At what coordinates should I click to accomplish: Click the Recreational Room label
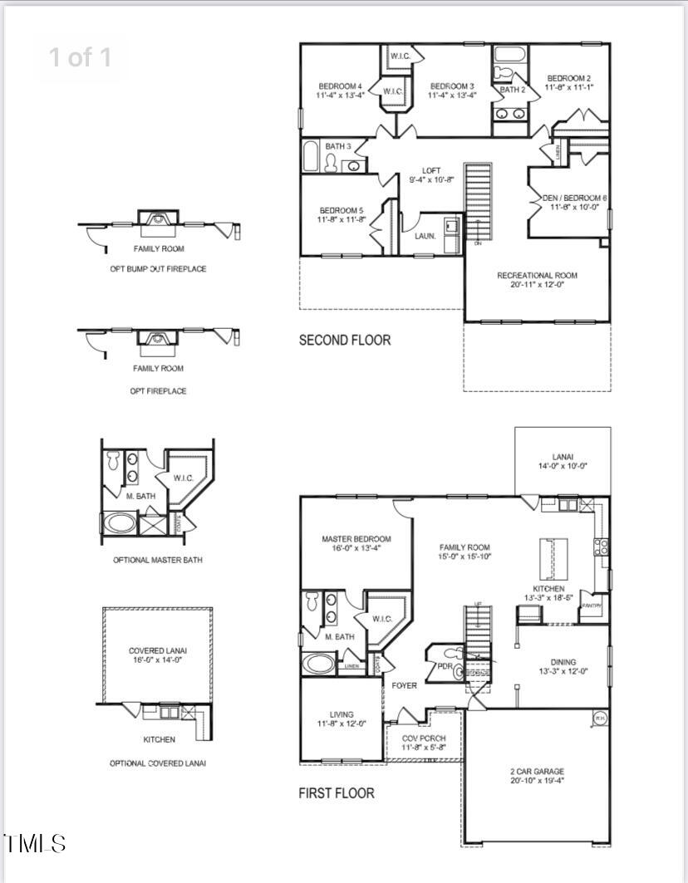(x=537, y=275)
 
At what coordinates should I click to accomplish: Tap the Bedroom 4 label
(x=340, y=86)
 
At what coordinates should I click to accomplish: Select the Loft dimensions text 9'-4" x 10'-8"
(x=432, y=180)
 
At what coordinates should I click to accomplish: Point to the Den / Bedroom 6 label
(x=574, y=198)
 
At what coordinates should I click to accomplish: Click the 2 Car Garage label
(x=537, y=772)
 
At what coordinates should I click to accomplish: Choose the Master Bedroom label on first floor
(x=356, y=539)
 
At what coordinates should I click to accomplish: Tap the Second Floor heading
(x=344, y=340)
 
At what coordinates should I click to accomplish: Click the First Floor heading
(x=336, y=793)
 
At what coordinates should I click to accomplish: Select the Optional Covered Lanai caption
(x=158, y=763)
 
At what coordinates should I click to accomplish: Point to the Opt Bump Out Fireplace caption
(x=158, y=269)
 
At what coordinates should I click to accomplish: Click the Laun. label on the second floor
(x=425, y=236)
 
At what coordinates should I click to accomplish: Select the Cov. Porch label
(x=424, y=738)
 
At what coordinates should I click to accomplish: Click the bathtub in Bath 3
(x=310, y=156)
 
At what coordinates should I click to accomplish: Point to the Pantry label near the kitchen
(x=591, y=606)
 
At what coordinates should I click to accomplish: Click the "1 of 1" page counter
(x=80, y=57)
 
